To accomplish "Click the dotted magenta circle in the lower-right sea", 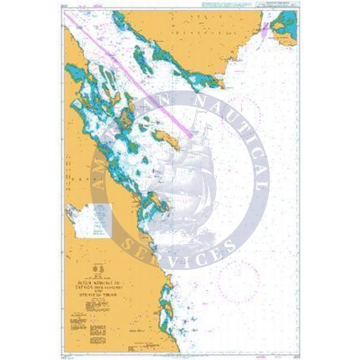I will [x=239, y=281].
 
